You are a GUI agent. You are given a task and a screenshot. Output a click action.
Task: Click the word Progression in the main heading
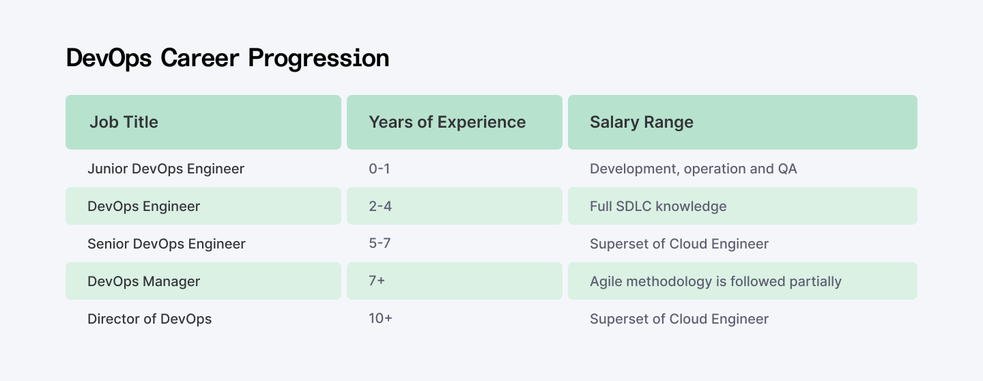pyautogui.click(x=319, y=59)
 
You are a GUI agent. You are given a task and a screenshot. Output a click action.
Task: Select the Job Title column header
pyautogui.click(x=124, y=122)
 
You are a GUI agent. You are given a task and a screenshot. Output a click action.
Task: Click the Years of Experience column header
pyautogui.click(x=447, y=122)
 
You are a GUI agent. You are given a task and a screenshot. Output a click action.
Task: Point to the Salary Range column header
pyautogui.click(x=642, y=122)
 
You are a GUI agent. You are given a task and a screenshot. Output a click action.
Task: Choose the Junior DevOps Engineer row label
pyautogui.click(x=166, y=168)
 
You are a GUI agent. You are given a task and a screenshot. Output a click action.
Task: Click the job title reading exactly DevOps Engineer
pyautogui.click(x=144, y=206)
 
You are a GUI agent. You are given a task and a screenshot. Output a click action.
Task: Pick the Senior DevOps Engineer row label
pyautogui.click(x=167, y=244)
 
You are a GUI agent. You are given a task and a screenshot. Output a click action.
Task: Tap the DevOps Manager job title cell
pyautogui.click(x=144, y=281)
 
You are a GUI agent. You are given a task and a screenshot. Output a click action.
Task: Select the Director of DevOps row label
pyautogui.click(x=149, y=319)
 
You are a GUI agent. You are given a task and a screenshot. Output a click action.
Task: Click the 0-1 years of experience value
pyautogui.click(x=380, y=168)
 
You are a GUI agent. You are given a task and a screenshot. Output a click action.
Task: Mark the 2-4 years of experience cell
pyautogui.click(x=380, y=206)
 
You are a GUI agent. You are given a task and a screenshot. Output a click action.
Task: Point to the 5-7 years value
pyautogui.click(x=380, y=244)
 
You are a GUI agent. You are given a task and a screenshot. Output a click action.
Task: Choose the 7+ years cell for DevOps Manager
pyautogui.click(x=377, y=281)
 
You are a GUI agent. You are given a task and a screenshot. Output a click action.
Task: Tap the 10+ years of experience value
pyautogui.click(x=380, y=319)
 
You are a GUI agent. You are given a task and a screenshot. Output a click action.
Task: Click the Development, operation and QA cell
pyautogui.click(x=694, y=168)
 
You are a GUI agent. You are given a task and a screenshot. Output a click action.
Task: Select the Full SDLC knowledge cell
pyautogui.click(x=658, y=206)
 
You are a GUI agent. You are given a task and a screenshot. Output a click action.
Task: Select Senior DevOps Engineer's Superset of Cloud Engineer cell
pyautogui.click(x=679, y=244)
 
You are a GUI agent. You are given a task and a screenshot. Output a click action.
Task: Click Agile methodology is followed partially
pyautogui.click(x=715, y=281)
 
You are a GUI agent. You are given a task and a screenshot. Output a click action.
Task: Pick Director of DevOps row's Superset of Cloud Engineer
pyautogui.click(x=679, y=319)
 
